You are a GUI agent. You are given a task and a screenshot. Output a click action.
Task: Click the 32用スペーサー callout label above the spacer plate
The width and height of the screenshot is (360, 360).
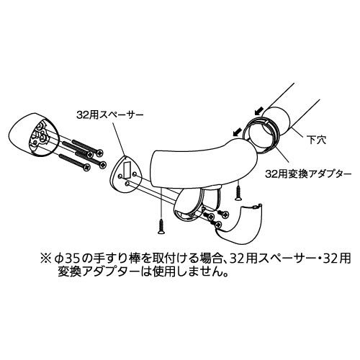[x=110, y=114]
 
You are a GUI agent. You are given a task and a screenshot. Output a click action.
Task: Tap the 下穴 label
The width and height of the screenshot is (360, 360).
[x=317, y=140]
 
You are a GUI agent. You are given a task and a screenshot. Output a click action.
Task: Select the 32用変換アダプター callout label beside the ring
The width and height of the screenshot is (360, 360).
[x=308, y=174]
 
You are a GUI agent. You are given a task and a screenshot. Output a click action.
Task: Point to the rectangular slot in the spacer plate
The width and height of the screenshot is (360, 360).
[x=127, y=169]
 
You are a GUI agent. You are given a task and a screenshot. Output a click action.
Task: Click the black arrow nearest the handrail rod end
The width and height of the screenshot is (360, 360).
[x=259, y=111]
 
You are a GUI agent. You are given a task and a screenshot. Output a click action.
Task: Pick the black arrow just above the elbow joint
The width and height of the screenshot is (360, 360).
[x=237, y=132]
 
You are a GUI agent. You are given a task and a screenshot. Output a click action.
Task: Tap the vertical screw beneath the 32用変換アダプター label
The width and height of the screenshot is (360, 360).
[x=238, y=192]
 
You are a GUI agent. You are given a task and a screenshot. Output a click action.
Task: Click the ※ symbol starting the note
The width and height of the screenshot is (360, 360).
[x=45, y=258]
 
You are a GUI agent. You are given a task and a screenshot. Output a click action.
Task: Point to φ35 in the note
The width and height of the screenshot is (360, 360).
[x=66, y=258]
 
